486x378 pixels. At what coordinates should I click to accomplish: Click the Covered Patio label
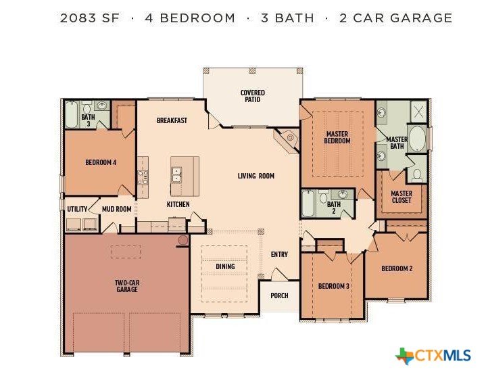click(x=253, y=96)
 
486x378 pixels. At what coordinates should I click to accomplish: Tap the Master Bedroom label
click(x=337, y=137)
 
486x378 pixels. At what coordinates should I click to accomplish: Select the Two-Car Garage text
click(x=127, y=286)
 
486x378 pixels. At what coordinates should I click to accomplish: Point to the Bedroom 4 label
click(x=101, y=162)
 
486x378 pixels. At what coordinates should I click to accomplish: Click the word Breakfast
click(x=172, y=120)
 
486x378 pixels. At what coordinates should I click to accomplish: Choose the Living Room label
click(x=256, y=176)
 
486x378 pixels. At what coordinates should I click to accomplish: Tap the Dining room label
click(x=225, y=266)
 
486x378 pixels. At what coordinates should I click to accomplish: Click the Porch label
click(x=280, y=296)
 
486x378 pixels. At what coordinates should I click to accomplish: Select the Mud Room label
click(x=117, y=209)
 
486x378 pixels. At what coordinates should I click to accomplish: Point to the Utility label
click(x=78, y=209)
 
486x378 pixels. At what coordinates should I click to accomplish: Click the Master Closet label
click(x=402, y=197)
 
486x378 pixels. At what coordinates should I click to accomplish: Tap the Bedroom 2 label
click(x=397, y=268)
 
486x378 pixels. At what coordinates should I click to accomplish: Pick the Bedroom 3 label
click(x=334, y=286)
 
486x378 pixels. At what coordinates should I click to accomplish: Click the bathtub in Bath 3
click(x=72, y=114)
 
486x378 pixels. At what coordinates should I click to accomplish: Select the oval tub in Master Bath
click(x=417, y=139)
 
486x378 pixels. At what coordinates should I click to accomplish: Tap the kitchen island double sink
click(x=176, y=175)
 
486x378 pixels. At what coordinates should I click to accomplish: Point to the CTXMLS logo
click(x=433, y=356)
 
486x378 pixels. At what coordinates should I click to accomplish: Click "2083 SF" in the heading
click(x=90, y=18)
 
